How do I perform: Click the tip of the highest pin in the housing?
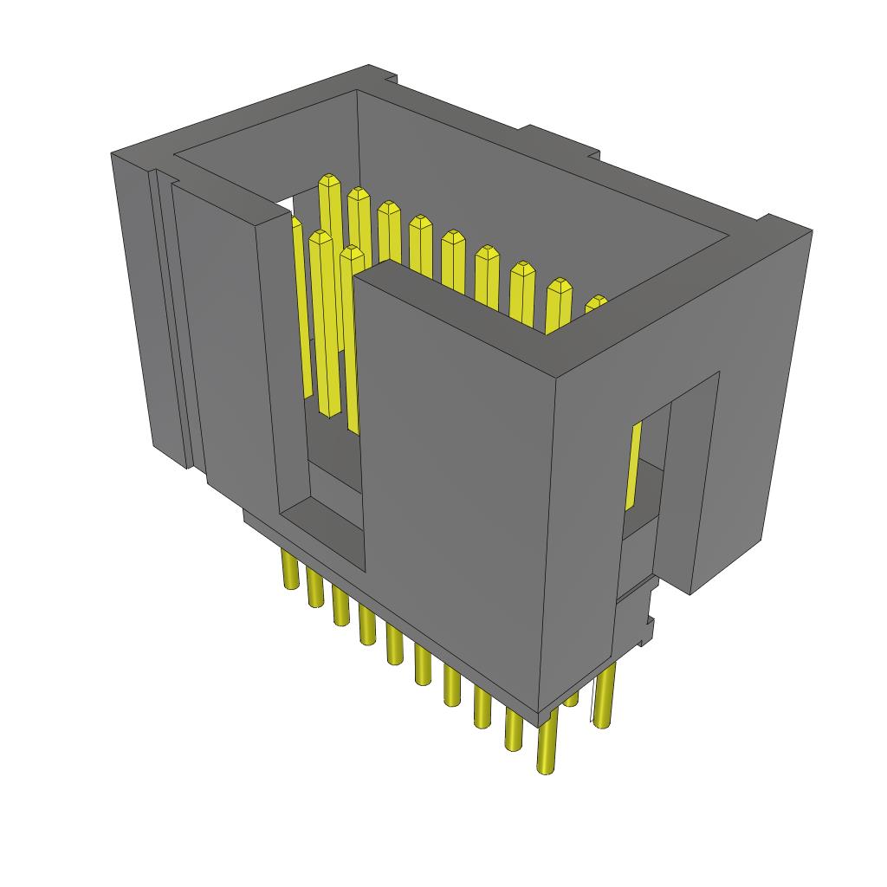(328, 183)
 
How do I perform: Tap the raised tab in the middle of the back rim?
(559, 141)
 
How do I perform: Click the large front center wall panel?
(450, 468)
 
